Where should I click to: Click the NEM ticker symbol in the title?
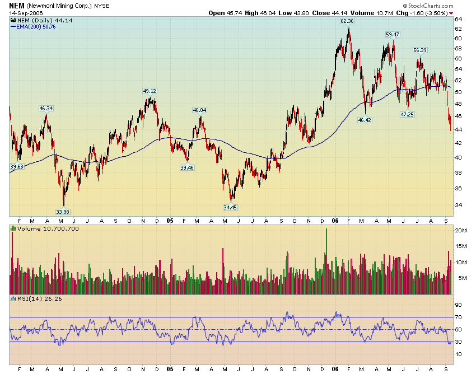click(x=17, y=5)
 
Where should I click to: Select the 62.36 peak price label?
click(x=347, y=21)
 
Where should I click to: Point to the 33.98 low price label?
click(x=63, y=212)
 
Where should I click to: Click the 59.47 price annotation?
click(x=393, y=35)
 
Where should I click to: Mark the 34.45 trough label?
click(x=230, y=207)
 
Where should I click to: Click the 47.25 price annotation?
click(x=407, y=114)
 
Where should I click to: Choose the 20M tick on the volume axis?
click(x=460, y=231)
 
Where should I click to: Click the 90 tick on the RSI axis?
click(x=458, y=305)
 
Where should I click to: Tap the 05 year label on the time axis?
click(x=170, y=220)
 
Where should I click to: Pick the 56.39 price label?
click(x=420, y=50)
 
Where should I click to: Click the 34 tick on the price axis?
click(x=458, y=205)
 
